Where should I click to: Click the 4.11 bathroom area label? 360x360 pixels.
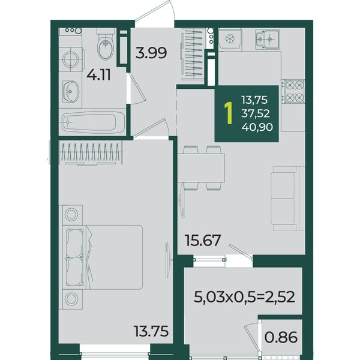pyautogui.click(x=99, y=75)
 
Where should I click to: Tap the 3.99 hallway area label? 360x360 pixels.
pyautogui.click(x=151, y=53)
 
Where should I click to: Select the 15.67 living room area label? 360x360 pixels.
pyautogui.click(x=203, y=240)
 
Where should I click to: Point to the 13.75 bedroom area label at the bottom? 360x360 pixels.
pyautogui.click(x=151, y=331)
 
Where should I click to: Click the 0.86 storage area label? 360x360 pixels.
pyautogui.click(x=281, y=337)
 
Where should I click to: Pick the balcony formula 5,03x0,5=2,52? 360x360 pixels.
pyautogui.click(x=244, y=297)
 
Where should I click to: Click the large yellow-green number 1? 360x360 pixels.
pyautogui.click(x=229, y=113)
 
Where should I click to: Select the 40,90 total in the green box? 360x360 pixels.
pyautogui.click(x=257, y=127)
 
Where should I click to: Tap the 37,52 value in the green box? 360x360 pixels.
pyautogui.click(x=256, y=113)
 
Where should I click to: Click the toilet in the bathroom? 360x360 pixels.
pyautogui.click(x=106, y=44)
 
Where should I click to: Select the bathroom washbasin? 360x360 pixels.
pyautogui.click(x=71, y=91)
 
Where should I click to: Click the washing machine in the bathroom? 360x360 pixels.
pyautogui.click(x=70, y=59)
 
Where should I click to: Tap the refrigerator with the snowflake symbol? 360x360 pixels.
pyautogui.click(x=229, y=39)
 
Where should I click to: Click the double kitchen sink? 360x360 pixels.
pyautogui.click(x=268, y=39)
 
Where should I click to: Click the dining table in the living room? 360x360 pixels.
pyautogui.click(x=201, y=168)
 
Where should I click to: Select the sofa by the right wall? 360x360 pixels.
pyautogui.click(x=287, y=199)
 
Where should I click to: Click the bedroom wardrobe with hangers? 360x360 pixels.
pyautogui.click(x=91, y=152)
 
